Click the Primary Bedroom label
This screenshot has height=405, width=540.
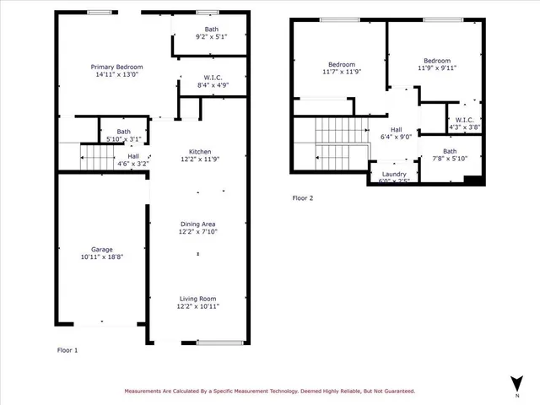tap(117, 67)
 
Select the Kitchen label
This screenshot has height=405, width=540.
tap(200, 152)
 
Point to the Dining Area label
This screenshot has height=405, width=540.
tap(197, 224)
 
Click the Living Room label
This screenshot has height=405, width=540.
tap(197, 298)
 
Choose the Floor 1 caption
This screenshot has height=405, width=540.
tap(67, 349)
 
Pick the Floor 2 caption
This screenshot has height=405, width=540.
tap(302, 198)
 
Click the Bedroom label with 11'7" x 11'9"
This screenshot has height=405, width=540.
tap(342, 65)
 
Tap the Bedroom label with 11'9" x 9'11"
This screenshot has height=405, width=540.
tap(437, 61)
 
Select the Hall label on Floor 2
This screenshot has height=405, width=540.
tap(395, 129)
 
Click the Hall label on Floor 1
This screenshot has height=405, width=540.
tap(133, 155)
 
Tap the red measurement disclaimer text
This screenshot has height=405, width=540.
tap(269, 391)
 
